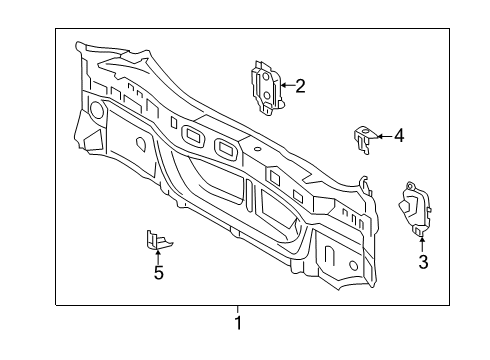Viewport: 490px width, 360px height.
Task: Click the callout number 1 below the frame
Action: click(x=237, y=323)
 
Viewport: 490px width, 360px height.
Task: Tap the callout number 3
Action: click(x=422, y=262)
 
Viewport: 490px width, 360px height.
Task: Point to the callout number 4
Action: click(x=398, y=135)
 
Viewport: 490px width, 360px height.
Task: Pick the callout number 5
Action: click(x=157, y=271)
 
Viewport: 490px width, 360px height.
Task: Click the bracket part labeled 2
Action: click(x=265, y=84)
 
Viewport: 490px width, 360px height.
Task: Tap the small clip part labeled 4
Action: click(x=365, y=137)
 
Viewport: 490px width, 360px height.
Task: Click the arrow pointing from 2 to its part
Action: click(x=284, y=85)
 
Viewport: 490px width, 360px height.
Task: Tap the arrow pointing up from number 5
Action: click(x=157, y=253)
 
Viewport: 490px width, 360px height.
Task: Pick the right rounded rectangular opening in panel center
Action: click(x=224, y=149)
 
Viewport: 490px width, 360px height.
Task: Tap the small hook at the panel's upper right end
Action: click(x=367, y=184)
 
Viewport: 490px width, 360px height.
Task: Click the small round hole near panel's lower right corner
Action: click(x=352, y=264)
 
